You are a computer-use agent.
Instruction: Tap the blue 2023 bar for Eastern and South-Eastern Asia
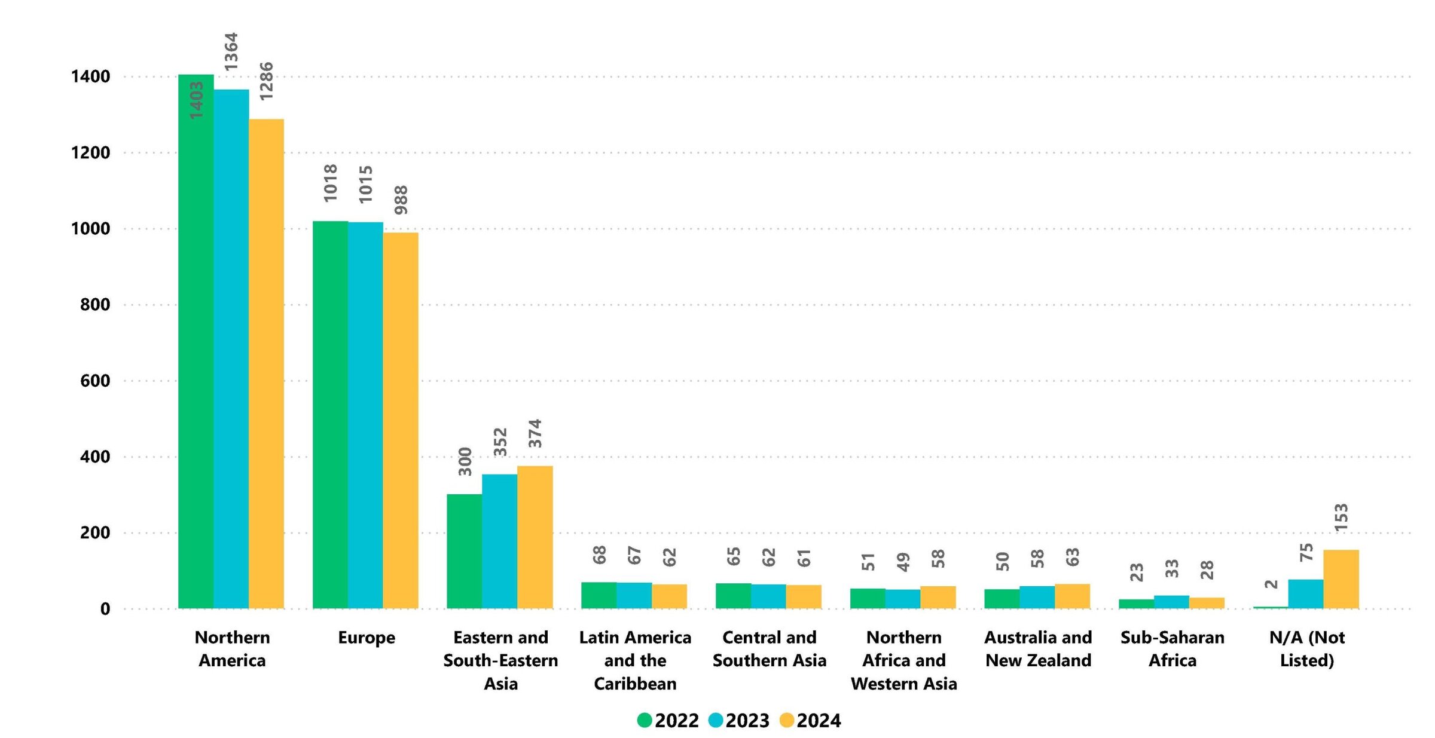pos(499,541)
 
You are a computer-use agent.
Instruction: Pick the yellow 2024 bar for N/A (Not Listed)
pos(1341,579)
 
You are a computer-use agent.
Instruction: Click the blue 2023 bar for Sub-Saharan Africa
pos(1171,602)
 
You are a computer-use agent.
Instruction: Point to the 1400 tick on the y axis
pos(90,76)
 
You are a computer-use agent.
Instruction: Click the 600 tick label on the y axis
pos(95,381)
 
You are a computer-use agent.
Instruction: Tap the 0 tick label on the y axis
pos(105,609)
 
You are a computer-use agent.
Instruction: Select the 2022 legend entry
pos(668,721)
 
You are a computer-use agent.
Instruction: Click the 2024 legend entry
pos(810,721)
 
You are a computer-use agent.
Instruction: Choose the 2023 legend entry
pos(739,721)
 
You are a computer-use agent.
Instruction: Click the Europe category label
pos(367,638)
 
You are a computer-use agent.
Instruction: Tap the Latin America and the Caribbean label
pos(635,660)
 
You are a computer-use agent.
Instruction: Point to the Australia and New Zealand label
pos(1038,649)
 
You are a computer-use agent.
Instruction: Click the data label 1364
pos(231,52)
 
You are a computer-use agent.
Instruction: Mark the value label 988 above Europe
pos(401,200)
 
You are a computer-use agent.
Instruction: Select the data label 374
pos(535,433)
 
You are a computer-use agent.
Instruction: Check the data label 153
pos(1341,517)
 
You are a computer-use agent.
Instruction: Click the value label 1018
pos(330,183)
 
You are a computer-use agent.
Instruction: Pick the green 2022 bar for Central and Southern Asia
pos(733,596)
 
